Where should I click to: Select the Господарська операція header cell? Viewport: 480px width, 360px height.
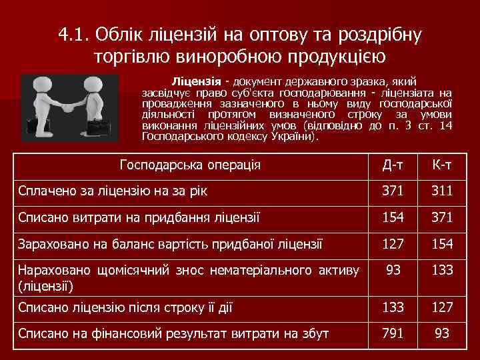click(x=189, y=165)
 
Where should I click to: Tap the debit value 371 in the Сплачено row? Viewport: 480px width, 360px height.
click(x=393, y=191)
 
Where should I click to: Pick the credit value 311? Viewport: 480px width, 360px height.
click(x=442, y=191)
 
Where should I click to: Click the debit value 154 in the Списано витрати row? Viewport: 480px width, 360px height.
click(x=393, y=217)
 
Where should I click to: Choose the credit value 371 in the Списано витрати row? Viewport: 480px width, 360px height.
click(x=442, y=217)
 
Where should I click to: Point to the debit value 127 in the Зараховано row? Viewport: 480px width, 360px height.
click(x=393, y=244)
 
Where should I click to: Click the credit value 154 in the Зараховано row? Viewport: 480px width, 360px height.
click(x=442, y=244)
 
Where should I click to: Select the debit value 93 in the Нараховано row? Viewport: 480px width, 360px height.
click(x=393, y=271)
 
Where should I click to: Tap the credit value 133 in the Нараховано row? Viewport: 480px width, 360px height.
click(x=442, y=271)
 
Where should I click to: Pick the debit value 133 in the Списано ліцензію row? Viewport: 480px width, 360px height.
click(x=393, y=307)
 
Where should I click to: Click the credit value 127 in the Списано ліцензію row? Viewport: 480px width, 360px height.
click(x=442, y=307)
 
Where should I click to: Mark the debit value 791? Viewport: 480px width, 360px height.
click(x=393, y=333)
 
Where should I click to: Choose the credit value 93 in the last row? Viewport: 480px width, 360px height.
click(x=442, y=333)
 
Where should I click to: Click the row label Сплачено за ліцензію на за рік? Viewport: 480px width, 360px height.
click(x=113, y=191)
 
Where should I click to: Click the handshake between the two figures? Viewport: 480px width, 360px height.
click(x=69, y=107)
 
